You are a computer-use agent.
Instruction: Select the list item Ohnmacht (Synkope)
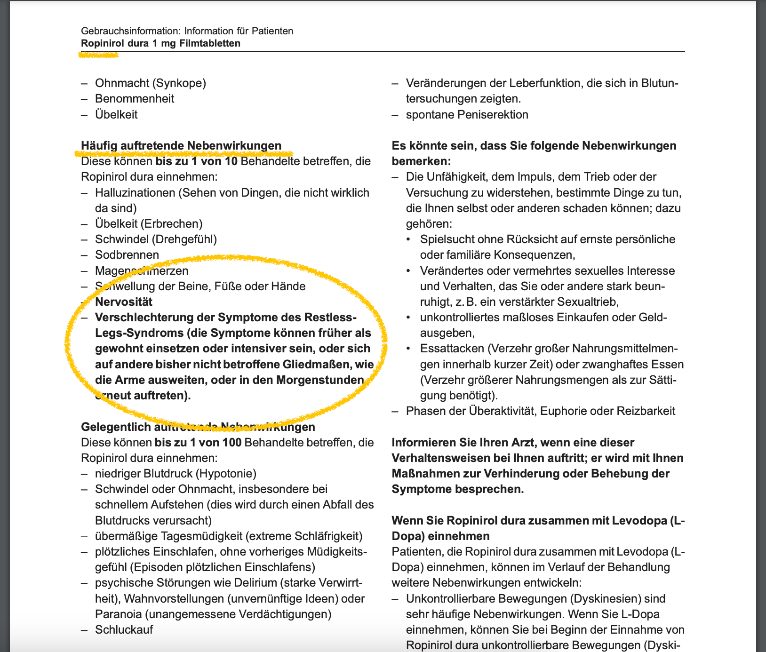pyautogui.click(x=151, y=83)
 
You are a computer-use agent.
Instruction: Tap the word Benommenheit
pyautogui.click(x=135, y=99)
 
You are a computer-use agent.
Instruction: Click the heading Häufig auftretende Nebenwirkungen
pyautogui.click(x=181, y=145)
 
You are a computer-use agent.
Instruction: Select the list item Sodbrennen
pyautogui.click(x=127, y=255)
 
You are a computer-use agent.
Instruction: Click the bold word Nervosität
pyautogui.click(x=124, y=302)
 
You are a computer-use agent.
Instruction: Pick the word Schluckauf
pyautogui.click(x=124, y=629)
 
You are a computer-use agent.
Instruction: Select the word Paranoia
pyautogui.click(x=118, y=614)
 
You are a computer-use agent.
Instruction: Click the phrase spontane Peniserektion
pyautogui.click(x=467, y=114)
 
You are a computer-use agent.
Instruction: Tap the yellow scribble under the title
pyautogui.click(x=98, y=55)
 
